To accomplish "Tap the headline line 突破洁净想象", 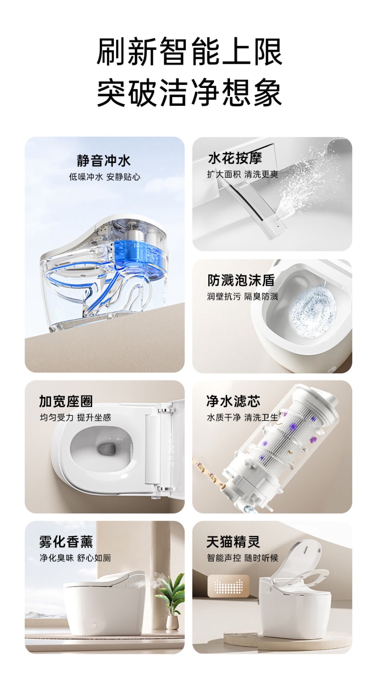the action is point(189,92).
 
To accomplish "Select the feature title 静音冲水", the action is point(104,161).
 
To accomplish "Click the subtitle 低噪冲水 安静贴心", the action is point(104,177).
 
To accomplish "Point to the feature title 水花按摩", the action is point(235,158).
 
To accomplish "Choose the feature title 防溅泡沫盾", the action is point(241,280).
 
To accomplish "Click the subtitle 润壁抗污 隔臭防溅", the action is point(243,296).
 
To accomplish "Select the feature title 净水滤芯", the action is point(233,401).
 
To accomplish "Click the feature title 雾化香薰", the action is point(66,542).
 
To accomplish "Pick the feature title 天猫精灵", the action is point(233,542).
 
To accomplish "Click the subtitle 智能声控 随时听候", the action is point(243,558).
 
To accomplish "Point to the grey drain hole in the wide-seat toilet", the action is point(106,449).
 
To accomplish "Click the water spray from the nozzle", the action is point(305,183).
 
